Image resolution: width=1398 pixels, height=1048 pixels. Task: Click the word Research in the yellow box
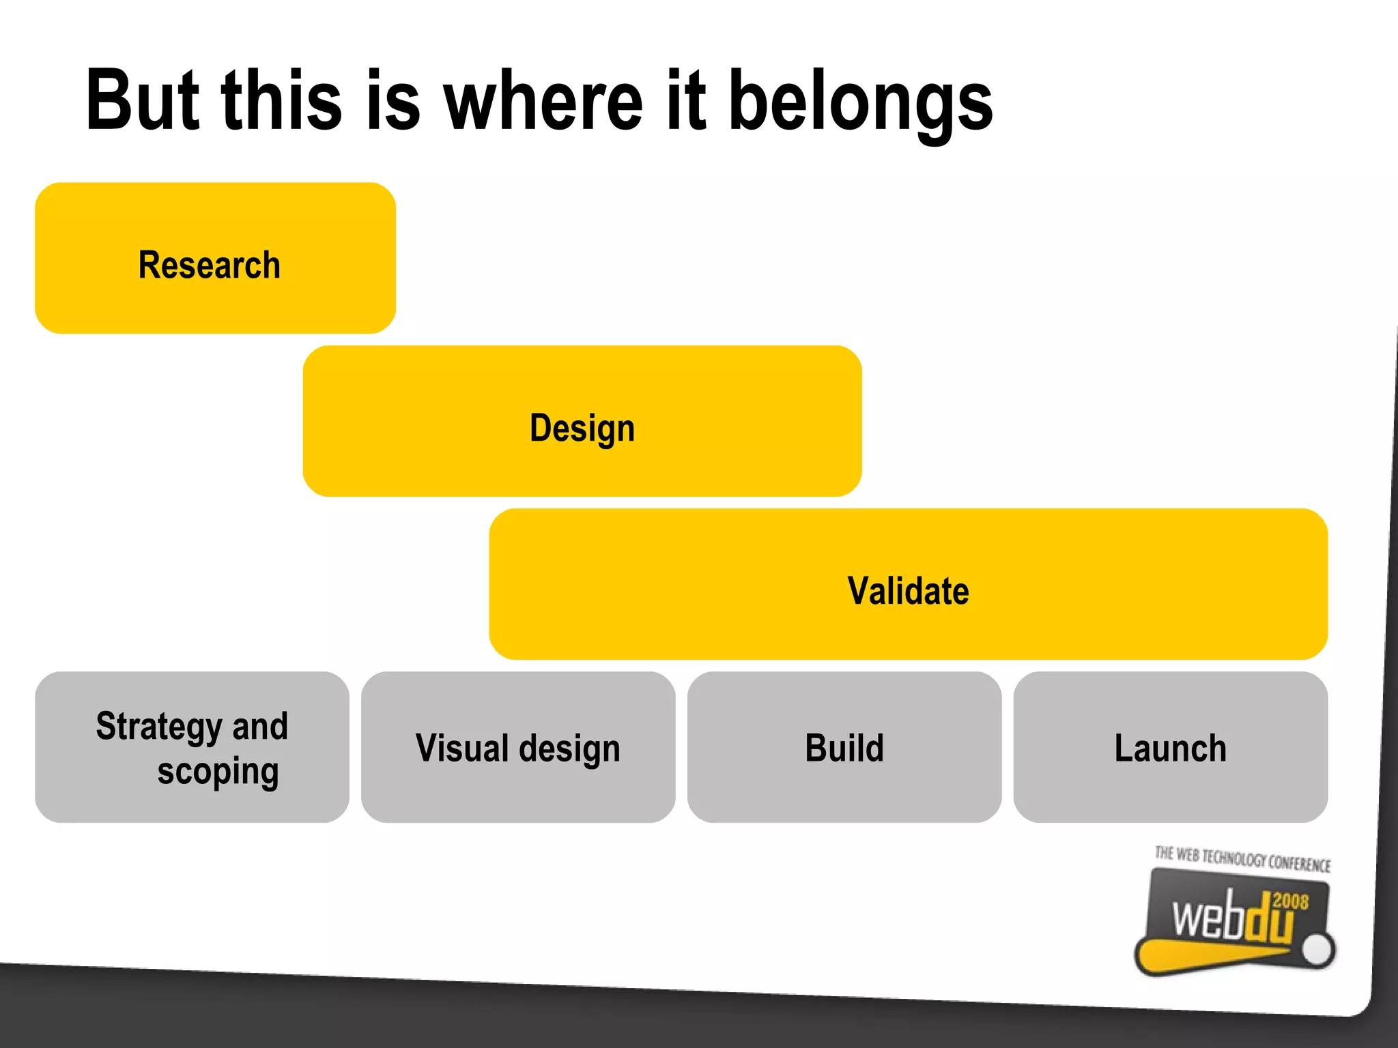(x=209, y=265)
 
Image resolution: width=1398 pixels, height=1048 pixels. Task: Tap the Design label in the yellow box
(x=582, y=428)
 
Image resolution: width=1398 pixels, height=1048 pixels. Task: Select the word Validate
(x=908, y=591)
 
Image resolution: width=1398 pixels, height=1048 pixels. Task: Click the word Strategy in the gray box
(x=159, y=726)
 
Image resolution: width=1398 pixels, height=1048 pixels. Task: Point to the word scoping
(x=218, y=772)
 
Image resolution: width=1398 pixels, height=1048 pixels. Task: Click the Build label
(x=844, y=748)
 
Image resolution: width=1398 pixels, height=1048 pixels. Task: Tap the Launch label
(x=1170, y=748)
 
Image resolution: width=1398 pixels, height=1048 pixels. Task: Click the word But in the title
(x=142, y=101)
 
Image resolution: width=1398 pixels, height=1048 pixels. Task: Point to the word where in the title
(x=543, y=101)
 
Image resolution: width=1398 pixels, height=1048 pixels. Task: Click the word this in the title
(x=281, y=101)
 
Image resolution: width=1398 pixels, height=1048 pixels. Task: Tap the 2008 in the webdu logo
(x=1290, y=901)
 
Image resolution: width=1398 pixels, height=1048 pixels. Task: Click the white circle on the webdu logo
(x=1317, y=949)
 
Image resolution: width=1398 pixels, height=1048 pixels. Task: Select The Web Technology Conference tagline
(x=1242, y=859)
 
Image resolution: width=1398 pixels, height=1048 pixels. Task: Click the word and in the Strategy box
(x=260, y=726)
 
